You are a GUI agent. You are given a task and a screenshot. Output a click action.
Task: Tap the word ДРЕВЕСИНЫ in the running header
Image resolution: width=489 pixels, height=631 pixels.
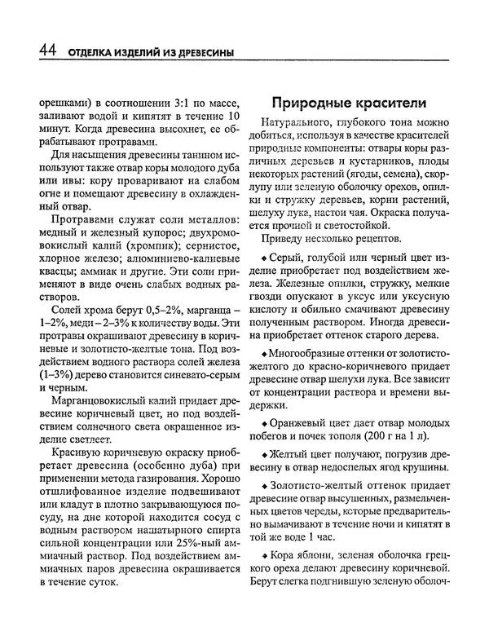click(194, 54)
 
